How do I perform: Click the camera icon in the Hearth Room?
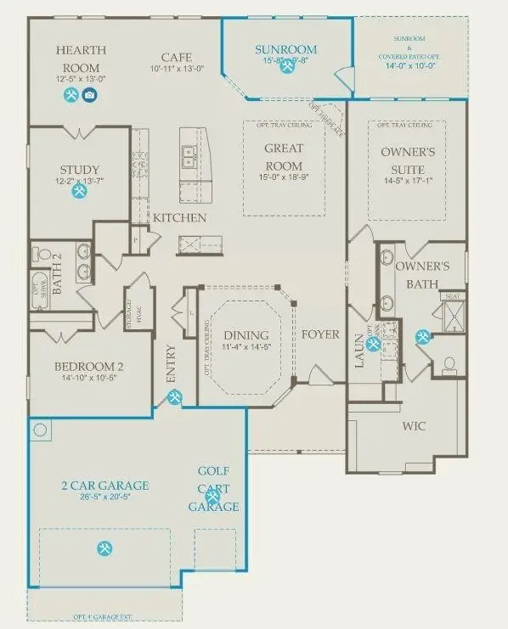tap(89, 95)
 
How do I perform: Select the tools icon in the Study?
tap(79, 192)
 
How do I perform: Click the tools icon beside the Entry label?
tap(174, 396)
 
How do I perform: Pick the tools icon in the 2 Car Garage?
tap(104, 548)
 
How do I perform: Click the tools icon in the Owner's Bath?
tap(421, 337)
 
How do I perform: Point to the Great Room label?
tap(284, 156)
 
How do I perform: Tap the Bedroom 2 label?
tap(89, 367)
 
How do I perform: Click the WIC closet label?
tap(414, 425)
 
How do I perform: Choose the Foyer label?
tap(320, 334)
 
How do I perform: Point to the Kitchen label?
tap(179, 218)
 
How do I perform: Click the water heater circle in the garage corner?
tap(41, 430)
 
